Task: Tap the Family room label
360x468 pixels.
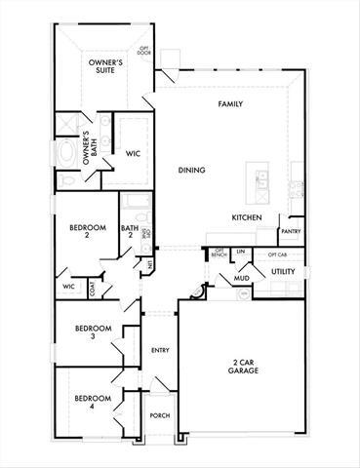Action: pyautogui.click(x=230, y=104)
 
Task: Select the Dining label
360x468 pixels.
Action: pyautogui.click(x=191, y=170)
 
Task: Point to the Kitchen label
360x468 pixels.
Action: pyautogui.click(x=246, y=216)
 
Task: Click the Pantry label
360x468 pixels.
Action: pyautogui.click(x=290, y=231)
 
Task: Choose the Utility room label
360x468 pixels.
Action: pyautogui.click(x=283, y=271)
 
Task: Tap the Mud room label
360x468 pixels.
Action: pyautogui.click(x=240, y=279)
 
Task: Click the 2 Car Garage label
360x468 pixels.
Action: pyautogui.click(x=238, y=367)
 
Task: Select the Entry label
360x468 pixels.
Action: pyautogui.click(x=161, y=350)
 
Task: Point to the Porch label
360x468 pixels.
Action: pyautogui.click(x=160, y=415)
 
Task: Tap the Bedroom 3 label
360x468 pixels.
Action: pyautogui.click(x=93, y=331)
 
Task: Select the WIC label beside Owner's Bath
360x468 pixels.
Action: pyautogui.click(x=133, y=153)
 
